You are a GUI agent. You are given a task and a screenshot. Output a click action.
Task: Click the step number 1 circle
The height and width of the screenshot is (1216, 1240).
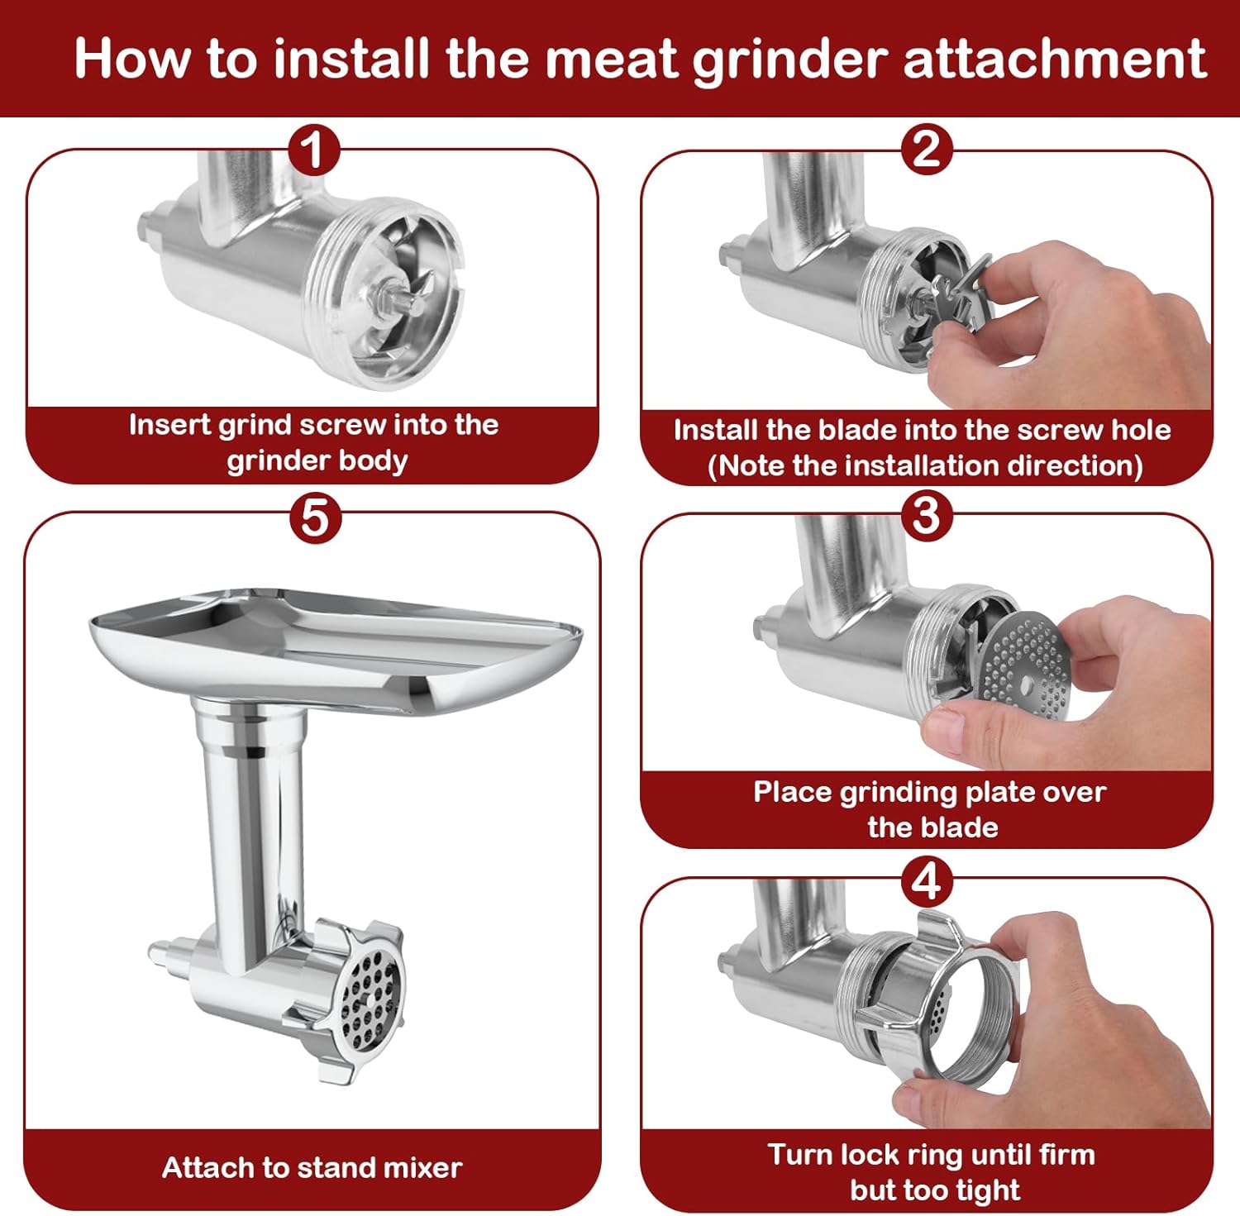pyautogui.click(x=313, y=150)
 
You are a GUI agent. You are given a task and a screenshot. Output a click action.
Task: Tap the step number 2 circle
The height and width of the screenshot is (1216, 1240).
pyautogui.click(x=926, y=149)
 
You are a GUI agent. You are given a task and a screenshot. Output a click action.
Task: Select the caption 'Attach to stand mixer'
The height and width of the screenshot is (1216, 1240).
pyautogui.click(x=312, y=1167)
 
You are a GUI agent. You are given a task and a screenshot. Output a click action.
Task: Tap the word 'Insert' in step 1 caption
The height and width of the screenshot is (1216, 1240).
pyautogui.click(x=169, y=425)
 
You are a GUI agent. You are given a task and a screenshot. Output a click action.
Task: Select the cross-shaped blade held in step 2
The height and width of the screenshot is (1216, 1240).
pyautogui.click(x=959, y=298)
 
